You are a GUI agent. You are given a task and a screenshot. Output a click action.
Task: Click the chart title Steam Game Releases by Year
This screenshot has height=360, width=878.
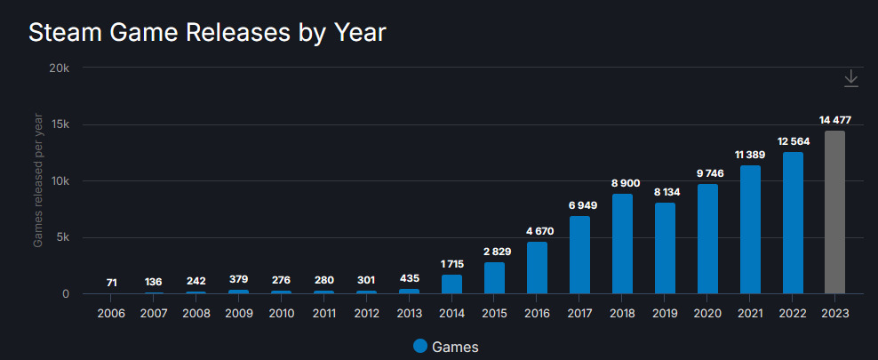207,32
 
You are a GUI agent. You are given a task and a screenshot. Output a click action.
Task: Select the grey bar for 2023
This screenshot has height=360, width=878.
834,212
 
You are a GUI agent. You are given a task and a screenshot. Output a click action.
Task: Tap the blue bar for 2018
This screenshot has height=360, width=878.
622,244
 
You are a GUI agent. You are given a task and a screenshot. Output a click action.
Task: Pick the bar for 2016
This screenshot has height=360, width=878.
537,268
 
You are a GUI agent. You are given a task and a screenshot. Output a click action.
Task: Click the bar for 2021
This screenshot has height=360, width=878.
750,229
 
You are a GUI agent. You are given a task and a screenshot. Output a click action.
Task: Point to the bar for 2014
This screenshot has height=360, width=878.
451,284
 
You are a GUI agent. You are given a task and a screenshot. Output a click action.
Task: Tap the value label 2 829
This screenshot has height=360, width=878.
494,251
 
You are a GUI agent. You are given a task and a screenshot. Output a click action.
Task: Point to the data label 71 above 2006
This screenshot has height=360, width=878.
111,282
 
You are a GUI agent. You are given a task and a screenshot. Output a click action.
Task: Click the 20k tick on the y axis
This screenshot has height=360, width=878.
69,68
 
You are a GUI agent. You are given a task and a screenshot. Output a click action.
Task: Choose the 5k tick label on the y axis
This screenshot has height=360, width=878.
71,237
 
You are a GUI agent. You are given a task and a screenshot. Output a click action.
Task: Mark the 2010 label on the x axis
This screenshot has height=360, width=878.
281,313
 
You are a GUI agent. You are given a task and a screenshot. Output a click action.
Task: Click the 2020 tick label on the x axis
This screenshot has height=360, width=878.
707,313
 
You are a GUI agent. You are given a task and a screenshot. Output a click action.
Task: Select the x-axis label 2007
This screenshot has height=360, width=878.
154,313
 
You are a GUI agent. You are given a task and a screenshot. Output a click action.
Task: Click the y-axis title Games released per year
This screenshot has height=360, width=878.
38,181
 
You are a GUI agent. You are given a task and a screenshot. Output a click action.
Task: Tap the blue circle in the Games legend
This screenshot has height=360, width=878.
420,346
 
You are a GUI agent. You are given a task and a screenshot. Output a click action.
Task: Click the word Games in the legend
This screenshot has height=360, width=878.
454,347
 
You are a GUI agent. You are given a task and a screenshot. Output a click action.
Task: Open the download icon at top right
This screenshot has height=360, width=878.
850,78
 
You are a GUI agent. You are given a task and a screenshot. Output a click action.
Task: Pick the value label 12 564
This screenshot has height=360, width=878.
793,140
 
